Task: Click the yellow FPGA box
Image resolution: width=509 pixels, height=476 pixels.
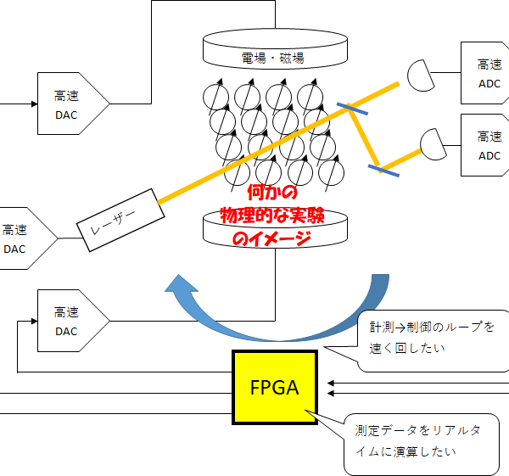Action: [x=275, y=388]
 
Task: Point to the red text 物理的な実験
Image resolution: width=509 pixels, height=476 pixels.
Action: [x=272, y=216]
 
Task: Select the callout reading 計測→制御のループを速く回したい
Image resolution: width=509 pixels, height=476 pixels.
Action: [x=431, y=336]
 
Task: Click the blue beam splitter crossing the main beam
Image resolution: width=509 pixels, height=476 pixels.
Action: [x=350, y=109]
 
